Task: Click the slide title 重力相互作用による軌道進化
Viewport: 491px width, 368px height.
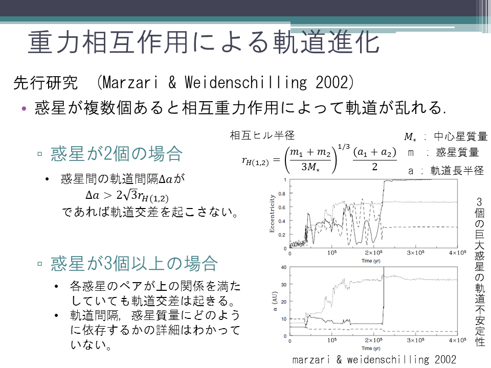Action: coord(204,42)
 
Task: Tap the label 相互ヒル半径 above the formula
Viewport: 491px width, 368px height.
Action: coord(262,135)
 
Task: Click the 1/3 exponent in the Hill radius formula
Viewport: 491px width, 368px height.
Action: coord(344,147)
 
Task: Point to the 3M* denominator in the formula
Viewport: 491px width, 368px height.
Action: coord(310,167)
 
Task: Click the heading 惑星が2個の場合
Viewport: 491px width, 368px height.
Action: coord(117,154)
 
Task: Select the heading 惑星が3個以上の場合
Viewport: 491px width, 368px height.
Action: coord(134,263)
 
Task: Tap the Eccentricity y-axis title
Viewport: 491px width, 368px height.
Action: coord(272,214)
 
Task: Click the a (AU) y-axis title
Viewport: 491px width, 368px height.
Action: coord(275,302)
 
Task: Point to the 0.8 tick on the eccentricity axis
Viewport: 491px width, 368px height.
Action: coord(282,194)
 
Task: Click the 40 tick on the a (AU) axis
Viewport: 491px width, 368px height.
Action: coord(284,267)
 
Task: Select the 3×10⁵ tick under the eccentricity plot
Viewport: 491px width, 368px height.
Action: coord(415,252)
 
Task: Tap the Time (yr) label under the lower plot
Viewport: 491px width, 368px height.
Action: coord(371,348)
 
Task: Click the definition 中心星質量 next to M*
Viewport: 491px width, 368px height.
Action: coord(461,136)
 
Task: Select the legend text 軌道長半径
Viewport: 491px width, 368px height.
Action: coord(457,171)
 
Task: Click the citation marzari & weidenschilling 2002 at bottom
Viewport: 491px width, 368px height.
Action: coord(374,359)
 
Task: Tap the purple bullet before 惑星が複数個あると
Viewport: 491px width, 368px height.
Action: coord(24,108)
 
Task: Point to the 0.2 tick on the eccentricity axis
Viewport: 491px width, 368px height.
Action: coord(282,235)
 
